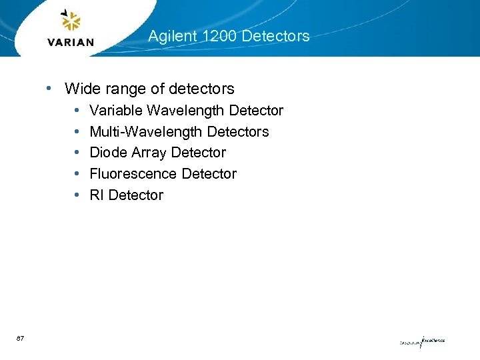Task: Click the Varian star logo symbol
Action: (70, 21)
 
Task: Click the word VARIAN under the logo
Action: (71, 42)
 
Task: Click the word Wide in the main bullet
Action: (80, 88)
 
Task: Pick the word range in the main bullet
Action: (121, 89)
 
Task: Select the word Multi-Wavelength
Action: (146, 132)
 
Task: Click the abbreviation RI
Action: (97, 195)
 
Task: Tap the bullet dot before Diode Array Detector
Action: (77, 153)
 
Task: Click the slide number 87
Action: (21, 339)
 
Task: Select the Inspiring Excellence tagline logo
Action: (421, 342)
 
